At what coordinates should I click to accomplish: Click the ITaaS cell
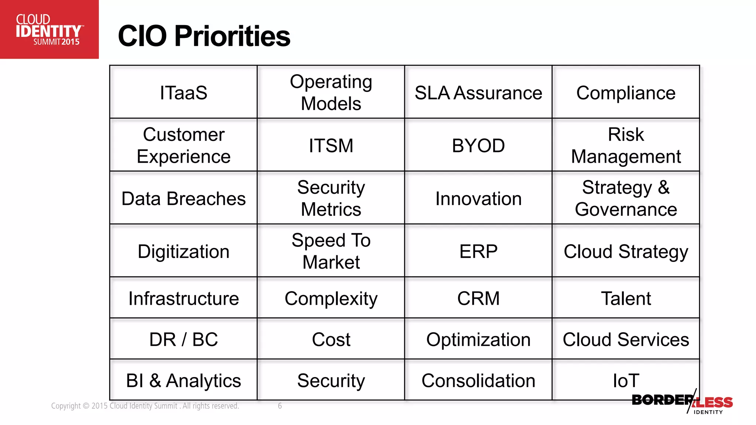pyautogui.click(x=183, y=92)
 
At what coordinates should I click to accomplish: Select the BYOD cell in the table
pyautogui.click(x=478, y=145)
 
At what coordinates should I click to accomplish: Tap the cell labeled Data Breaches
pyautogui.click(x=183, y=198)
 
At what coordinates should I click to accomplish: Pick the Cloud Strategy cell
pyautogui.click(x=626, y=252)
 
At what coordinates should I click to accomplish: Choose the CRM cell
pyautogui.click(x=478, y=298)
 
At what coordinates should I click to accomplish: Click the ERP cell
pyautogui.click(x=478, y=252)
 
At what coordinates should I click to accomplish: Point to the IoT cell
pyautogui.click(x=626, y=380)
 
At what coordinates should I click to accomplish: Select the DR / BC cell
pyautogui.click(x=183, y=339)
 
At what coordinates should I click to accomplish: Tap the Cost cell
pyautogui.click(x=331, y=339)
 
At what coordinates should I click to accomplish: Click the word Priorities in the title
pyautogui.click(x=232, y=36)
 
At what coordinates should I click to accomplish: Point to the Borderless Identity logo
pyautogui.click(x=682, y=402)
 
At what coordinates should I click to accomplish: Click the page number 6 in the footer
pyautogui.click(x=280, y=406)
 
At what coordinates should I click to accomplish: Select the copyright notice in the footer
pyautogui.click(x=145, y=406)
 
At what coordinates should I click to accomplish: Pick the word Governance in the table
pyautogui.click(x=626, y=210)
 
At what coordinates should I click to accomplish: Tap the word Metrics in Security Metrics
pyautogui.click(x=331, y=210)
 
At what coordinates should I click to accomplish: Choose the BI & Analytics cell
pyautogui.click(x=183, y=380)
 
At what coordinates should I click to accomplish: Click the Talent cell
pyautogui.click(x=626, y=298)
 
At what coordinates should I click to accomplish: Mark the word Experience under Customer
pyautogui.click(x=183, y=156)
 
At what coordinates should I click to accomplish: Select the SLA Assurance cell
pyautogui.click(x=478, y=92)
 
